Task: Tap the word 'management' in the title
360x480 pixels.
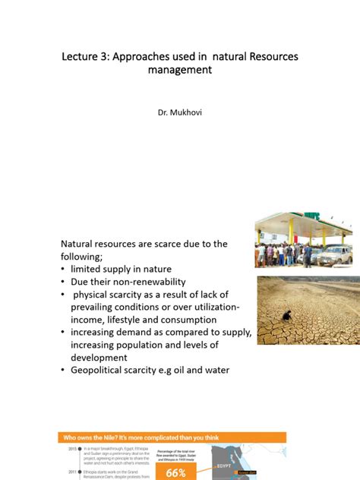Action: [x=180, y=71]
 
